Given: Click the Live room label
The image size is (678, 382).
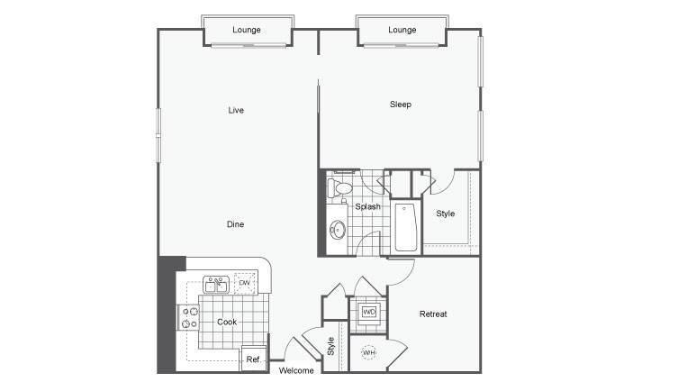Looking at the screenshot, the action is pos(236,110).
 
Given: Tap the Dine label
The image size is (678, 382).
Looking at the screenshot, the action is pos(236,224).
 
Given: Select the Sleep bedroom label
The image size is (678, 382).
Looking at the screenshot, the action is pos(401,105).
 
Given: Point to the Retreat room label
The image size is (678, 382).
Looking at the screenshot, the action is pos(433,314).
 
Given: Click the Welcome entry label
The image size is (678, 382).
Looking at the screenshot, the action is pos(296,371).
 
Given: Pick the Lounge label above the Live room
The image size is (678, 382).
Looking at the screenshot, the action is pos(247,30).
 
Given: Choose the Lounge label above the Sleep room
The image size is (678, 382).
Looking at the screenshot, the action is pos(402,30).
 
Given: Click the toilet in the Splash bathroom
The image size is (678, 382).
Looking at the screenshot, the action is pos(339,188).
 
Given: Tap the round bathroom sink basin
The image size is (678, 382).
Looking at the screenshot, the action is pos(338,230).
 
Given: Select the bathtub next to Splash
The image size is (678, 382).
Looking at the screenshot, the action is pos(405,227).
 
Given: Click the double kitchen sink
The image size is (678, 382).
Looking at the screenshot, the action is pos(216,285).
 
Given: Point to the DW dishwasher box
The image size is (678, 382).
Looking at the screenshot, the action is pos(245,283).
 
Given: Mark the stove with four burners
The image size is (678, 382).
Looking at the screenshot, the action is pos(189,317).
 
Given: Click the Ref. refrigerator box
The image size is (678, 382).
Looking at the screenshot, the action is pos(253,359).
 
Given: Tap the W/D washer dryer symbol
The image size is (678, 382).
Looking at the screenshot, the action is pos(369,312).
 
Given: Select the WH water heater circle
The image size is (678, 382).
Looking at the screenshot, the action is pos(368,353).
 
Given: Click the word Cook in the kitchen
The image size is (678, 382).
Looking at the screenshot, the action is pos(227,322).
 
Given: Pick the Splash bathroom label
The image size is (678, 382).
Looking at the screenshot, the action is pos(368,207).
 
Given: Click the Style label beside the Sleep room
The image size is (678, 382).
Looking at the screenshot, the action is pos(446,214).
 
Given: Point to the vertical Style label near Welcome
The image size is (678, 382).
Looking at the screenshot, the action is pos(330,347).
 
